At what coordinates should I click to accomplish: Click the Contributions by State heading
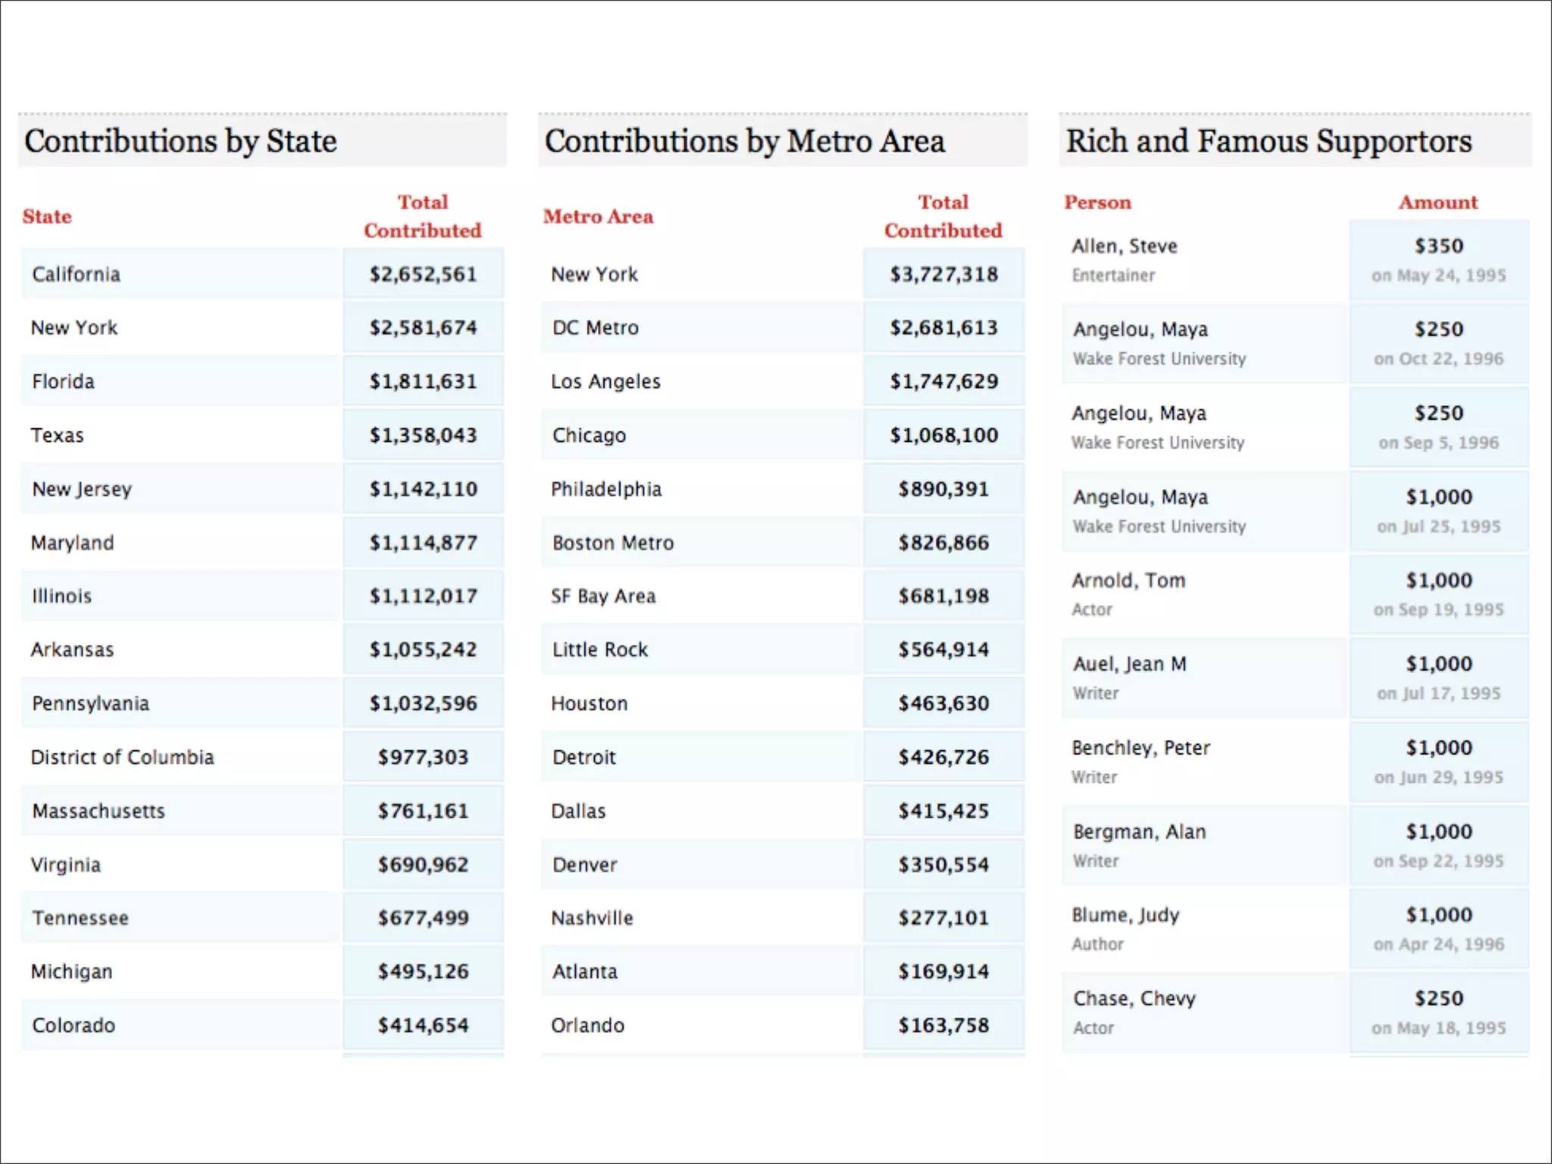click(x=180, y=142)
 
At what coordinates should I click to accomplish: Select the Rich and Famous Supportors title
click(x=1269, y=142)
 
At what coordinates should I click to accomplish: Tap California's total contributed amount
click(x=423, y=274)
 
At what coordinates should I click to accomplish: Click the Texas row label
click(x=58, y=435)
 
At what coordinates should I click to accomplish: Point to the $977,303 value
click(x=423, y=757)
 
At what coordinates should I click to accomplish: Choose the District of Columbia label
click(x=122, y=757)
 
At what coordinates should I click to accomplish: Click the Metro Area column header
click(x=598, y=217)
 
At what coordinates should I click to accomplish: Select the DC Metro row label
click(x=596, y=327)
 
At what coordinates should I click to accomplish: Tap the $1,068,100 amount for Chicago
click(x=943, y=435)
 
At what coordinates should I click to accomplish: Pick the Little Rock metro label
click(x=600, y=649)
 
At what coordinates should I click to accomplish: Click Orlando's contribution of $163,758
click(x=943, y=1025)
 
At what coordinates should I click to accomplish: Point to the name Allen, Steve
click(x=1125, y=246)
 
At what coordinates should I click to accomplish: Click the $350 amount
click(x=1438, y=246)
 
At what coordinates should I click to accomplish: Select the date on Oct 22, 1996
click(x=1438, y=358)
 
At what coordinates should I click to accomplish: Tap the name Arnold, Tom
click(x=1128, y=580)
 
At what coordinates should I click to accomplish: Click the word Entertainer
click(x=1113, y=275)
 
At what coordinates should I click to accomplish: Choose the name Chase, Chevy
click(x=1134, y=999)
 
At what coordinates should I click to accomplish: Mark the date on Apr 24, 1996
click(x=1438, y=944)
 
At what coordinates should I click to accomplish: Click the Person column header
click(x=1097, y=202)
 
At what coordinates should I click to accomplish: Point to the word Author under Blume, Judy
click(x=1097, y=944)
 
